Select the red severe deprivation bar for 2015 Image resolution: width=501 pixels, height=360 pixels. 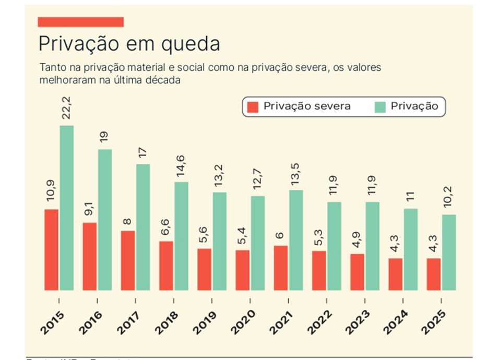click(51, 249)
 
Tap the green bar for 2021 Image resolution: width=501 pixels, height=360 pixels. click(296, 240)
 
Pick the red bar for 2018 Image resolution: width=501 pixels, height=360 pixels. click(166, 266)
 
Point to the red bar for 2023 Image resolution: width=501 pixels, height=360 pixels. click(357, 272)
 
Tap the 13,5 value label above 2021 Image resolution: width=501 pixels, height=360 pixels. click(296, 172)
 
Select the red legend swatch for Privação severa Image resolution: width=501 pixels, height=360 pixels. click(253, 107)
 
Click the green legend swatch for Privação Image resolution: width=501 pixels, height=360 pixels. click(380, 107)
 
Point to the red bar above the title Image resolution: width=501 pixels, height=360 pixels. click(81, 21)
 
